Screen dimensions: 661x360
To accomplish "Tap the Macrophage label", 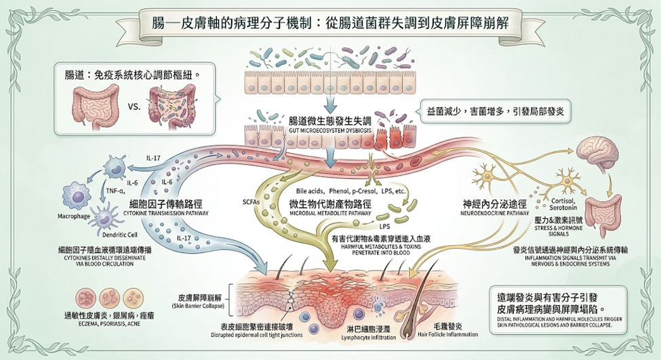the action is coord(74,216).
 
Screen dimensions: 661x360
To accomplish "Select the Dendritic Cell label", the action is coord(120,235).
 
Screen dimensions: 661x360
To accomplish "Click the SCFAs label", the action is coord(252,201).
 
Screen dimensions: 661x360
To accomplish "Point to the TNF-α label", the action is coord(115,191).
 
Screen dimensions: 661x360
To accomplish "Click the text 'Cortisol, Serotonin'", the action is coord(563,205).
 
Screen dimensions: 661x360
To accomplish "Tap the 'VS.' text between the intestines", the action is coord(134,106).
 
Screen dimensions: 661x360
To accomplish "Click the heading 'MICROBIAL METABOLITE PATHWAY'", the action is coord(331,214).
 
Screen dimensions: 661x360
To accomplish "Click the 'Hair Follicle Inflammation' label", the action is coord(447,334).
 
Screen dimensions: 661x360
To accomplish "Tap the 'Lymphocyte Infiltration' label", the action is coord(369,338).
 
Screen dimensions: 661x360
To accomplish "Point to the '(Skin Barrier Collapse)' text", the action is coord(198,306).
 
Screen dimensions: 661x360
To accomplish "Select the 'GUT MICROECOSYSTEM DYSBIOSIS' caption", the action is coord(330,131).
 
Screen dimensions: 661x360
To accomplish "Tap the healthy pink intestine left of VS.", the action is coord(96,106).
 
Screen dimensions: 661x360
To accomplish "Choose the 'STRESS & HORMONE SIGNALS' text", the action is coord(559,231).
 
